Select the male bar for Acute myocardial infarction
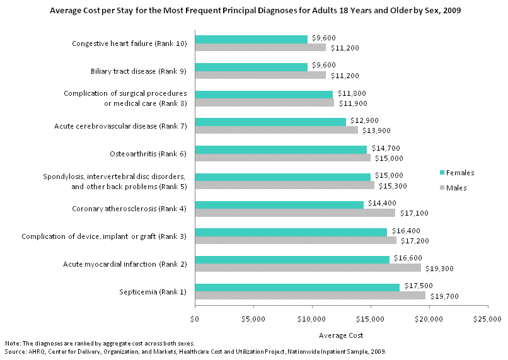tap(308, 268)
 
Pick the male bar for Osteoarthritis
tap(283, 158)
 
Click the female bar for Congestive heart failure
tap(251, 39)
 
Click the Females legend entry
tap(456, 172)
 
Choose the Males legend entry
tap(454, 187)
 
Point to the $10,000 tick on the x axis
tap(313, 319)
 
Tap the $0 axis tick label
tap(195, 319)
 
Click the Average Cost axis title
tap(341, 335)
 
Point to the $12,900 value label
tap(364, 120)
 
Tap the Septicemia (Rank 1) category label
tap(153, 291)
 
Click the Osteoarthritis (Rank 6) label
tap(149, 153)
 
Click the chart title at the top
tap(255, 11)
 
